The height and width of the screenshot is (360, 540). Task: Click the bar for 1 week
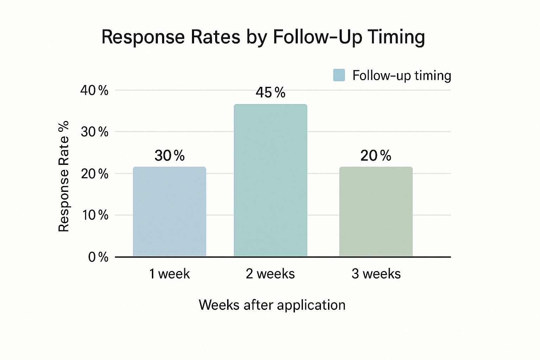pyautogui.click(x=169, y=212)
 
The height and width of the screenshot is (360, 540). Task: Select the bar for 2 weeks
pyautogui.click(x=270, y=180)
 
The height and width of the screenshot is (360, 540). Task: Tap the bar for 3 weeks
pyautogui.click(x=376, y=212)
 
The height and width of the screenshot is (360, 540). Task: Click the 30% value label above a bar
pyautogui.click(x=169, y=156)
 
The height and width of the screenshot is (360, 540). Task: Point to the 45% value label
pyautogui.click(x=270, y=93)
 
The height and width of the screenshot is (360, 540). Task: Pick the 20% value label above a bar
pyautogui.click(x=376, y=156)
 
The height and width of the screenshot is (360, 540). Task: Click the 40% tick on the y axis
pyautogui.click(x=94, y=91)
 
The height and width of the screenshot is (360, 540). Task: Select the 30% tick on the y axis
pyautogui.click(x=94, y=132)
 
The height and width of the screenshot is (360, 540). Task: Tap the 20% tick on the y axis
pyautogui.click(x=94, y=174)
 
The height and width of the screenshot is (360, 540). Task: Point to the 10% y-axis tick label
pyautogui.click(x=95, y=215)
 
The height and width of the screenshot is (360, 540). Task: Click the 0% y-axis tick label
pyautogui.click(x=98, y=257)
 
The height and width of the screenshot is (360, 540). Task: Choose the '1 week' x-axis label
pyautogui.click(x=169, y=274)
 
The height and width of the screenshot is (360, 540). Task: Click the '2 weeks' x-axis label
pyautogui.click(x=270, y=274)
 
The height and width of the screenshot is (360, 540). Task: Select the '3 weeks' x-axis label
pyautogui.click(x=376, y=274)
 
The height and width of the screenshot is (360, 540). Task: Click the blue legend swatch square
pyautogui.click(x=339, y=75)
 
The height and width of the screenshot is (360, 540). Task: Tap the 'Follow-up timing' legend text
pyautogui.click(x=402, y=76)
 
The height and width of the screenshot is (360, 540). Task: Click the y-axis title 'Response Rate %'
pyautogui.click(x=64, y=176)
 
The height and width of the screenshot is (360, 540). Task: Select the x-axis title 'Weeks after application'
pyautogui.click(x=272, y=305)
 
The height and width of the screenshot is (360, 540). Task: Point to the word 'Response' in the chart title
pyautogui.click(x=143, y=37)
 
